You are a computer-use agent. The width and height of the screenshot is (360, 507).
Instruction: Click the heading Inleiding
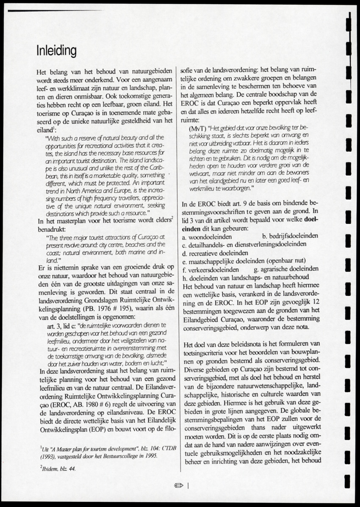pyautogui.click(x=56, y=51)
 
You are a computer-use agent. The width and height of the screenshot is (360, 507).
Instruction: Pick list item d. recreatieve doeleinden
pyautogui.click(x=210, y=253)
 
